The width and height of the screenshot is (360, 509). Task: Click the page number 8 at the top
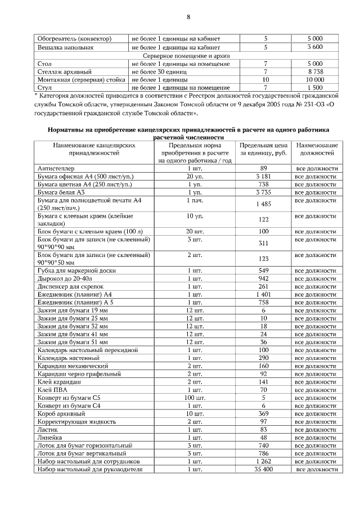(188, 16)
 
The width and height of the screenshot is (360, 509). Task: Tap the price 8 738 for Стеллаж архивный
(315, 72)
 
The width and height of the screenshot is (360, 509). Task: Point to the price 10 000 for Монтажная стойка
(315, 80)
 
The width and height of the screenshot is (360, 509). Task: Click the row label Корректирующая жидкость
(76, 421)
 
